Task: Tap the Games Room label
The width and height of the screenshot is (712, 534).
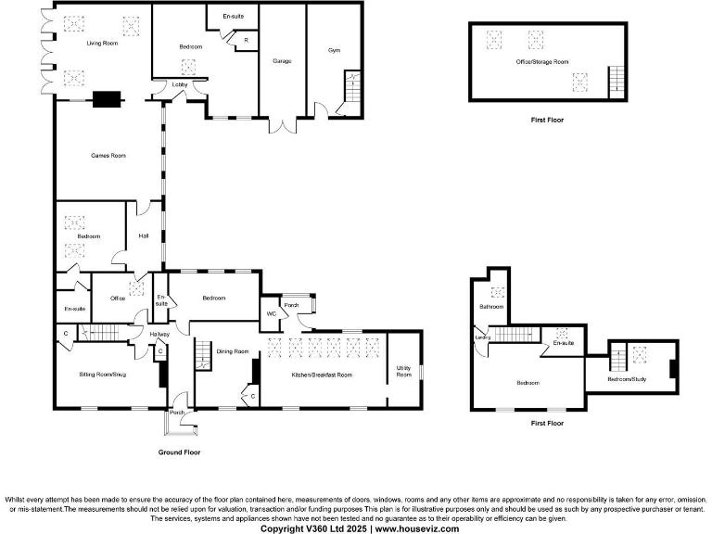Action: pyautogui.click(x=108, y=156)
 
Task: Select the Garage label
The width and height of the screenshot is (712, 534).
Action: pyautogui.click(x=282, y=61)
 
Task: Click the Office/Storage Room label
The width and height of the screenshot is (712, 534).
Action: pyautogui.click(x=542, y=61)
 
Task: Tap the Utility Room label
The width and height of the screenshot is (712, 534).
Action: pyautogui.click(x=404, y=372)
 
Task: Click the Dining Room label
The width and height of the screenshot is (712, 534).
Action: pyautogui.click(x=233, y=351)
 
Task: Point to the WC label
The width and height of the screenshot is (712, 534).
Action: pyautogui.click(x=272, y=313)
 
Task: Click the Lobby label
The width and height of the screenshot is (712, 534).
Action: pyautogui.click(x=180, y=85)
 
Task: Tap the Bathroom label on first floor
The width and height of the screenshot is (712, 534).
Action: pyautogui.click(x=490, y=306)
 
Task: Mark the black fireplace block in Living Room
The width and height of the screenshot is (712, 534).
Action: pyautogui.click(x=108, y=96)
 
